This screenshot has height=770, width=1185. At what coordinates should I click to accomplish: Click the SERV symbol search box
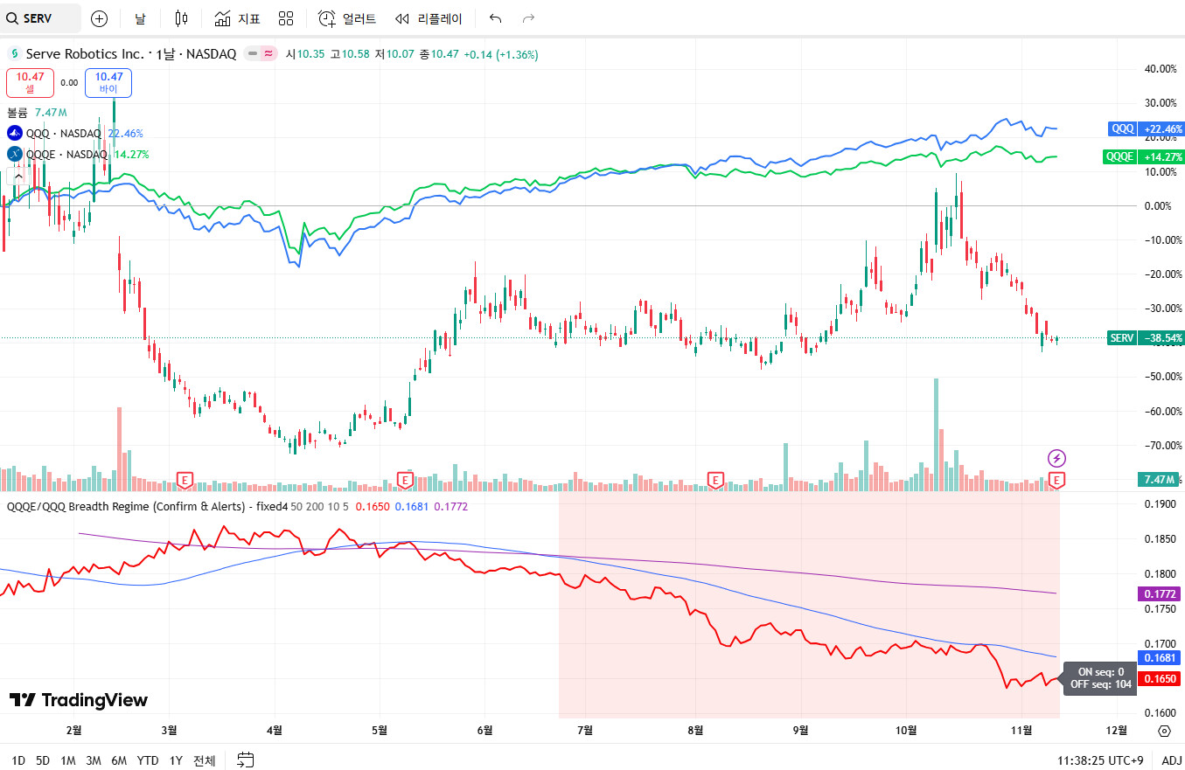tap(40, 18)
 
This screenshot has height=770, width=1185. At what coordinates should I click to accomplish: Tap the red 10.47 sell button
tap(30, 82)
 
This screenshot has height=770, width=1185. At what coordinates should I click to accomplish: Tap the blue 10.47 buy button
tap(108, 82)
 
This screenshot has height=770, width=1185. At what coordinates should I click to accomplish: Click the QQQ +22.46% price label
tap(1146, 129)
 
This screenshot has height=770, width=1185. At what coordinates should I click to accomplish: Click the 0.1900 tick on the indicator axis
tap(1160, 504)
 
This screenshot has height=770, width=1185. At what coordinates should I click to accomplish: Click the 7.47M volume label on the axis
tap(1157, 480)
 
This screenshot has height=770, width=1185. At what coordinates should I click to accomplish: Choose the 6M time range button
tap(119, 760)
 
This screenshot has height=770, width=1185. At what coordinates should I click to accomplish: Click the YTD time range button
tap(148, 760)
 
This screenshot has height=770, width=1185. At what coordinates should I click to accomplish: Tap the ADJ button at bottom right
tap(1171, 760)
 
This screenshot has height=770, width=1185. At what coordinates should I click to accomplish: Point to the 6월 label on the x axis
tap(484, 730)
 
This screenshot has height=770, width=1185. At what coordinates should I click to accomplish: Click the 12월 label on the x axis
tap(1116, 730)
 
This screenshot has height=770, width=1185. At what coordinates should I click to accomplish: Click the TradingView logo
tap(79, 700)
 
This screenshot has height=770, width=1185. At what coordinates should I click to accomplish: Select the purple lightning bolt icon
tap(1057, 458)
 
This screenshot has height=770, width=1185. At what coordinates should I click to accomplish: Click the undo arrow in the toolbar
tap(496, 18)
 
